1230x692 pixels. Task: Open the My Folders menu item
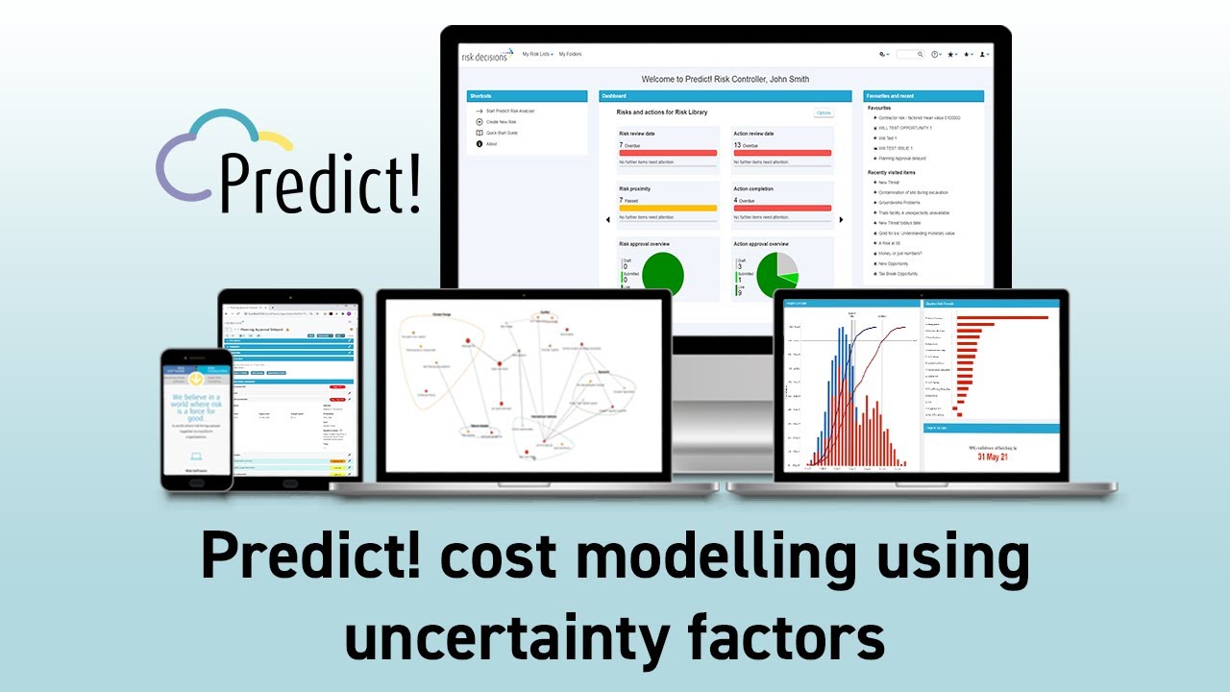point(570,55)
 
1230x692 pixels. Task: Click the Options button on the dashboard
point(824,112)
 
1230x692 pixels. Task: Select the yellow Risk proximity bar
point(668,208)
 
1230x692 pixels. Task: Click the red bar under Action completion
point(782,208)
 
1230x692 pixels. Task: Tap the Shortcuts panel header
point(527,96)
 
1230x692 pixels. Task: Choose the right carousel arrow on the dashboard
point(841,220)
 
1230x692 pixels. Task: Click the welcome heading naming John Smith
point(725,78)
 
